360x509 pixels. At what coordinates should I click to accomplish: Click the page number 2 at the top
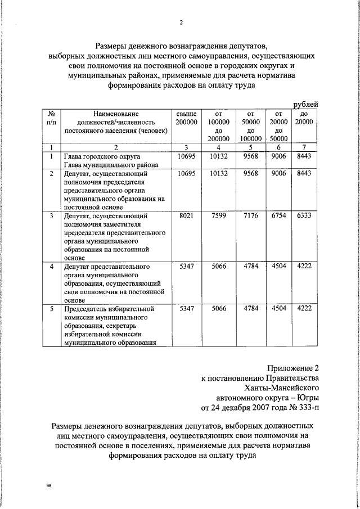tap(181, 22)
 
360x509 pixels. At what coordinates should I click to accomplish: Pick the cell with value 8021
tap(186, 215)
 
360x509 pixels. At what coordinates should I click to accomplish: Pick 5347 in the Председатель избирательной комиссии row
tap(186, 309)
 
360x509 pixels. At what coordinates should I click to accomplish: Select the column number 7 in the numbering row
tap(306, 147)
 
